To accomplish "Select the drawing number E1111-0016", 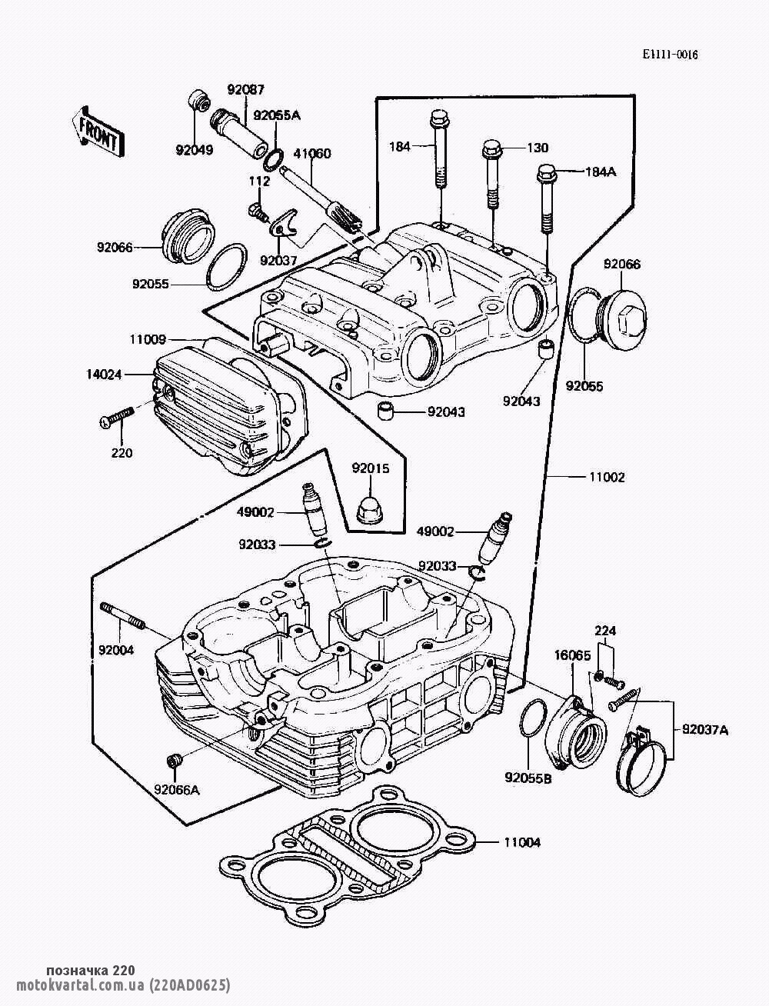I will point(671,55).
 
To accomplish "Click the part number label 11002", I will point(607,477).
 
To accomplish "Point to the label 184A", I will point(601,172).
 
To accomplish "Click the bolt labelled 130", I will point(493,173).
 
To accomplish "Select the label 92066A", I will point(176,789).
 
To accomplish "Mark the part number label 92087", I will point(245,88).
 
